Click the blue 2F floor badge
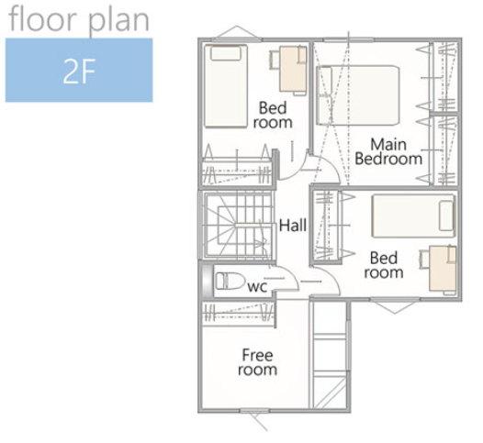[x=79, y=70]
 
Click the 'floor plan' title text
[x=80, y=20]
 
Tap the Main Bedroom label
[x=388, y=151]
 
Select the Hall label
[x=293, y=225]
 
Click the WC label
[x=257, y=287]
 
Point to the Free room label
[x=257, y=362]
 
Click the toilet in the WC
[x=230, y=281]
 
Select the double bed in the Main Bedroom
[x=358, y=95]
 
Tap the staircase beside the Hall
[x=238, y=226]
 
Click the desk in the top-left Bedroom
[x=293, y=69]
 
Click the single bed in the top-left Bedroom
[x=226, y=86]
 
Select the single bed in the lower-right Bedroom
[x=414, y=216]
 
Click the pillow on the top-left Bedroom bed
[x=226, y=53]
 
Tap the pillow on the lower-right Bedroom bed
[x=446, y=216]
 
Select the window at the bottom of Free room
[x=254, y=410]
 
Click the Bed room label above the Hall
[x=273, y=115]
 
